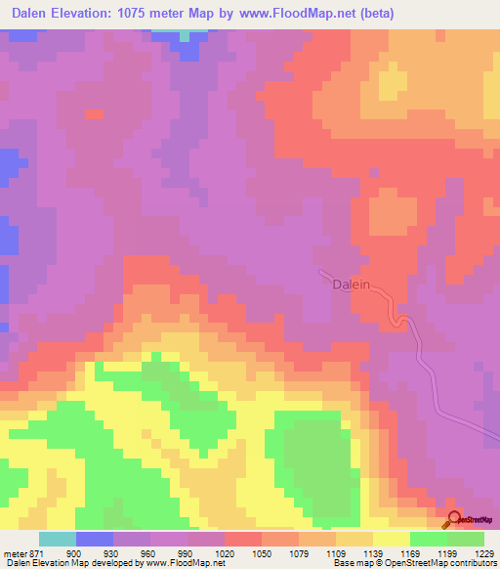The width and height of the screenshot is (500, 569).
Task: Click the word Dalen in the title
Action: coord(33,13)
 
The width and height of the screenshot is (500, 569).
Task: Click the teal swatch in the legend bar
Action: coord(58,540)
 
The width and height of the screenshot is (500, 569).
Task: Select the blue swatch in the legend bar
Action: coord(95,540)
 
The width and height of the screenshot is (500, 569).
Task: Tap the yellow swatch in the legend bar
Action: coord(392,540)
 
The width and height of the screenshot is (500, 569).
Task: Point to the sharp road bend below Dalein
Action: coord(398,322)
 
